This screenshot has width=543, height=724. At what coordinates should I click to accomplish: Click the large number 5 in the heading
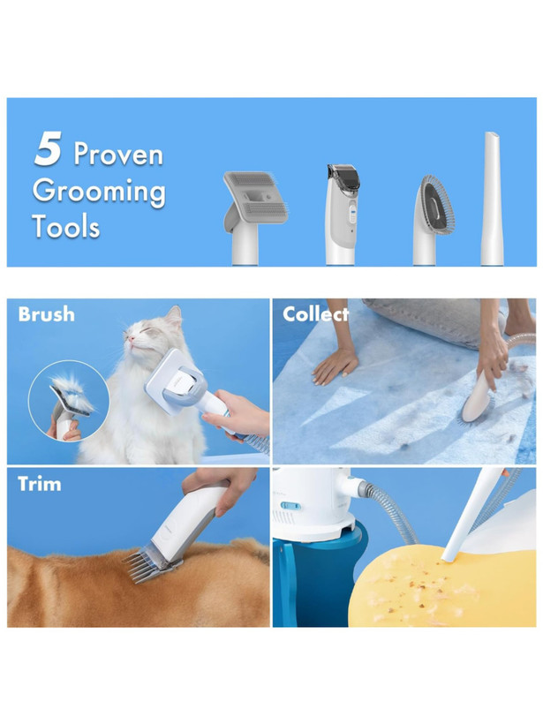pyautogui.click(x=48, y=148)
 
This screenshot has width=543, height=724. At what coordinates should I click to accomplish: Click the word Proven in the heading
pyautogui.click(x=118, y=154)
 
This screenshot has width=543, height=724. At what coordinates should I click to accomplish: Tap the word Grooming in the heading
pyautogui.click(x=99, y=192)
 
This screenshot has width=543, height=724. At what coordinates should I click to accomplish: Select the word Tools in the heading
pyautogui.click(x=66, y=226)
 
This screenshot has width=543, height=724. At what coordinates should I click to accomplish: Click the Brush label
pyautogui.click(x=46, y=314)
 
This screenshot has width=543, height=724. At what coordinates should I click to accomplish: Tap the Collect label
pyautogui.click(x=315, y=314)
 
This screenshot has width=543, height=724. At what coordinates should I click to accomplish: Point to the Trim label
pyautogui.click(x=39, y=484)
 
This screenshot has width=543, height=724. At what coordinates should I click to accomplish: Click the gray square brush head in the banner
pyautogui.click(x=255, y=196)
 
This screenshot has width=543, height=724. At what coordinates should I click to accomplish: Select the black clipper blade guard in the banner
pyautogui.click(x=343, y=177)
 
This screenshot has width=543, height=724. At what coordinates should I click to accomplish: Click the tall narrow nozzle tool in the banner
pyautogui.click(x=491, y=199)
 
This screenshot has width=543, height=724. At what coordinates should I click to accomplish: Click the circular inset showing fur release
pyautogui.click(x=69, y=401)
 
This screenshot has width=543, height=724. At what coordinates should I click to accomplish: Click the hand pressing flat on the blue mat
pyautogui.click(x=336, y=365)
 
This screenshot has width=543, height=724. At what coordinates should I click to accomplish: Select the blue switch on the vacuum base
pyautogui.click(x=290, y=506)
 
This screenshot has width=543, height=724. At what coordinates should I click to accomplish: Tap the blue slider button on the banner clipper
pyautogui.click(x=351, y=215)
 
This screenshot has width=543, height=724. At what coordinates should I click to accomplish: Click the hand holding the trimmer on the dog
pyautogui.click(x=220, y=488)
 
